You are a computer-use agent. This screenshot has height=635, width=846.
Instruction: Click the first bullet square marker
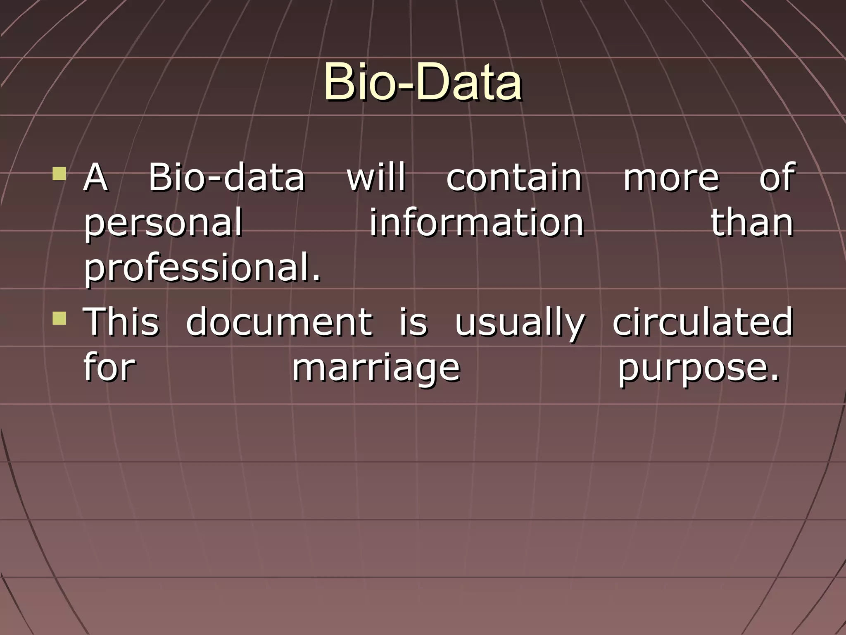(59, 174)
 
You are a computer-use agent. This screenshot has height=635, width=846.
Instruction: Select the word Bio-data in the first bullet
(226, 178)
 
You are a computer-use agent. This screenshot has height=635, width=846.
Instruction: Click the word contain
(514, 178)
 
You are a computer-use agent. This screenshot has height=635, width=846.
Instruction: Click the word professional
(202, 269)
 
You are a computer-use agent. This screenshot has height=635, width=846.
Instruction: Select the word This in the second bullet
(121, 322)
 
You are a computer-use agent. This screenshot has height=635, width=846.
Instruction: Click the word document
(279, 322)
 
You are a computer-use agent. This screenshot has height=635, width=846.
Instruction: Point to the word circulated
(702, 322)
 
